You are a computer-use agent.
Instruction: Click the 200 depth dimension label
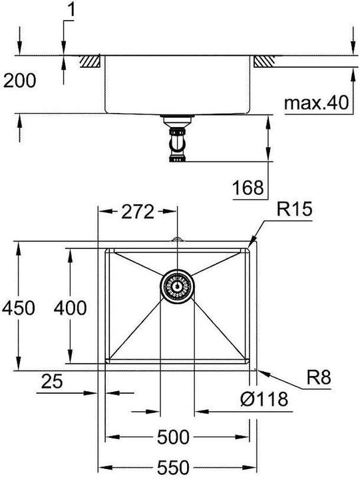pyautogui.click(x=19, y=81)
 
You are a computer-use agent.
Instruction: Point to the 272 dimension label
pyautogui.click(x=138, y=212)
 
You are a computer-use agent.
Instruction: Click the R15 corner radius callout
pyautogui.click(x=294, y=211)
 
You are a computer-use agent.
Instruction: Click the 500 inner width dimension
pyautogui.click(x=173, y=437)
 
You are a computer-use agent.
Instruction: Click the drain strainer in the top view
pyautogui.click(x=177, y=287)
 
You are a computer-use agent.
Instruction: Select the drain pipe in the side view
pyautogui.click(x=177, y=139)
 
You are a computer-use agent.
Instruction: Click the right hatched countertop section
pyautogui.click(x=262, y=61)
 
